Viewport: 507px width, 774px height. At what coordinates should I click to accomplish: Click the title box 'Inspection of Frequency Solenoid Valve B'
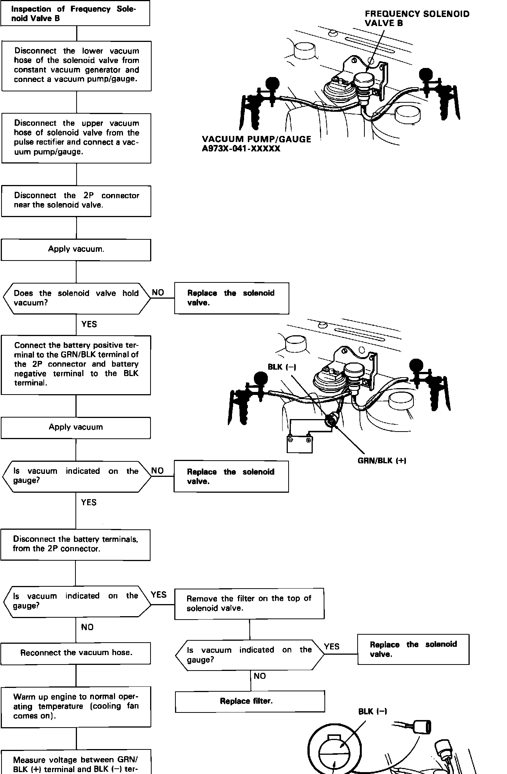pos(75,14)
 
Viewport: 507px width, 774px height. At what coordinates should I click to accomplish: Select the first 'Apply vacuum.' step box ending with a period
pos(76,250)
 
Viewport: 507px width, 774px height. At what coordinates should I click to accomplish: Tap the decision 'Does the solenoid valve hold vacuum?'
pos(76,298)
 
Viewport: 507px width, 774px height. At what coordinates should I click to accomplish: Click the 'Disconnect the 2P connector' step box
pos(76,200)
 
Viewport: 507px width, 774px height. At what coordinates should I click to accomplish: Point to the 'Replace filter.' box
pos(250,701)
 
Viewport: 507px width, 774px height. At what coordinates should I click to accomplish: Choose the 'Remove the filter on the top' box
pos(249,603)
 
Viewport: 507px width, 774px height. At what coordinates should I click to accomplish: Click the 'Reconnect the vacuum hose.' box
pos(76,653)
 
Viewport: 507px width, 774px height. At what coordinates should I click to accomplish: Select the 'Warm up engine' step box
pos(76,706)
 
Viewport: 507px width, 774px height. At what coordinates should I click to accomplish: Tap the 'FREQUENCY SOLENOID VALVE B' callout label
pos(417,19)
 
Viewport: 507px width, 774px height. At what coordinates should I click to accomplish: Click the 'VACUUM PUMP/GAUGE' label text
pos(257,139)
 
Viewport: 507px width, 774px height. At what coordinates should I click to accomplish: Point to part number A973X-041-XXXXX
pos(241,149)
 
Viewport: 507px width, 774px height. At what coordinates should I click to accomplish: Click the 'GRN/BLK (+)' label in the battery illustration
pos(382,461)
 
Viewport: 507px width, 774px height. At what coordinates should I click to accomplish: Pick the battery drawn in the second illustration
pos(300,444)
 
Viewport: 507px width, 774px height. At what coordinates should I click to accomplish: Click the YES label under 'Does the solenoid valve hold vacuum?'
pos(89,324)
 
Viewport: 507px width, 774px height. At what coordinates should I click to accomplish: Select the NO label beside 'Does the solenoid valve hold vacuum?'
pos(158,293)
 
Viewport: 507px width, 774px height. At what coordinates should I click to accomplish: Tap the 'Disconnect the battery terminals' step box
pos(75,544)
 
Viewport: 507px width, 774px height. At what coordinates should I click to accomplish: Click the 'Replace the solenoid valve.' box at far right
pos(413,649)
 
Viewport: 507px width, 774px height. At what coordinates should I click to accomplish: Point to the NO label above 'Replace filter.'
pos(260,676)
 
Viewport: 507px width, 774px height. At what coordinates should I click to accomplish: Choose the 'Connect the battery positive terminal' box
pos(76,365)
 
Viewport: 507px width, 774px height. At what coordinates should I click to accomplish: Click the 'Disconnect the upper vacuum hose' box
pos(76,138)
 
